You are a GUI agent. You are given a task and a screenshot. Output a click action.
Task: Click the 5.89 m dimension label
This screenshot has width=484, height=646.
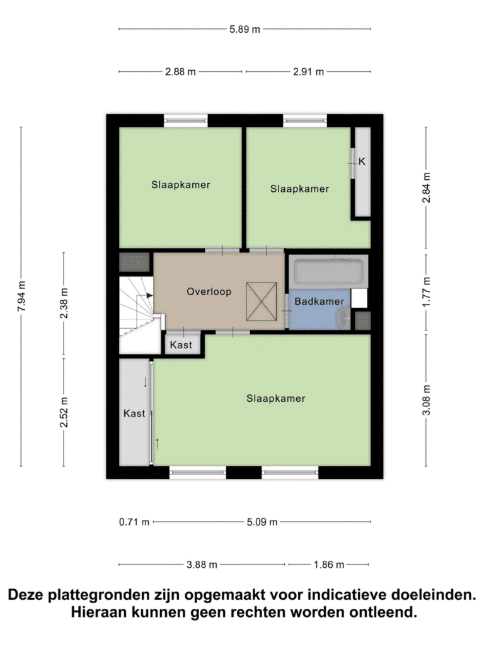[x=245, y=29]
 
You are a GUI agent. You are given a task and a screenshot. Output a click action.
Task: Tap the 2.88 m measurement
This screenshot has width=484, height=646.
[x=180, y=72]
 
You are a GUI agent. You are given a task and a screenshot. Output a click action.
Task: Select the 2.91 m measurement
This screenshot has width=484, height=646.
[x=308, y=72]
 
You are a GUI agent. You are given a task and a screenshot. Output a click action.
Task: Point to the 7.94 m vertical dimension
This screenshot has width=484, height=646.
[x=22, y=297]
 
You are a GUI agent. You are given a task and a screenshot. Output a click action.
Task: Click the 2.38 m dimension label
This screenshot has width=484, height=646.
[x=64, y=303]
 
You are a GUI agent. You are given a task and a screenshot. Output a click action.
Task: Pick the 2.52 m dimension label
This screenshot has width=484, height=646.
[x=64, y=412]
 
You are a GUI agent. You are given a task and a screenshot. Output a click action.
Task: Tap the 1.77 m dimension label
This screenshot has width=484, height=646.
[x=427, y=291]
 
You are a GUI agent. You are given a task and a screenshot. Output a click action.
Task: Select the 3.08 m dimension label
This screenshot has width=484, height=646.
[x=427, y=400]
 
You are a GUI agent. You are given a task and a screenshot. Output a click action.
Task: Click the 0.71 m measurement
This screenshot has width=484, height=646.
[x=134, y=522]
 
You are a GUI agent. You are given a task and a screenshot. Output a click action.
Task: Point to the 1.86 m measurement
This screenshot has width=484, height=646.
[x=329, y=565]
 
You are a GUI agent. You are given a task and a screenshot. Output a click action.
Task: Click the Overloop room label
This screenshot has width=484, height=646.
[x=209, y=291]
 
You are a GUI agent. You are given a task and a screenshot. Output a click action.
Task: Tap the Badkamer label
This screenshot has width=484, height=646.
[x=320, y=301]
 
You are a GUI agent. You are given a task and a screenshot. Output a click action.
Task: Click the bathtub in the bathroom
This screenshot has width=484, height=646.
[x=328, y=271]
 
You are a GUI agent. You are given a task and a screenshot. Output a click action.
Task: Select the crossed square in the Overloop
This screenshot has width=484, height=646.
[x=262, y=302]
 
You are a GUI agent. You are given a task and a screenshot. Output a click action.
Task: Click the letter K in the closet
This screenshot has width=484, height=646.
[x=362, y=161]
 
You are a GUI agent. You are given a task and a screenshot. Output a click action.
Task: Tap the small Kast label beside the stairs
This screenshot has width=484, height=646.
[x=181, y=344]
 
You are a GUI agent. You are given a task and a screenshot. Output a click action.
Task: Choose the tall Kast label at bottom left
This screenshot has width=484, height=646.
[x=134, y=413]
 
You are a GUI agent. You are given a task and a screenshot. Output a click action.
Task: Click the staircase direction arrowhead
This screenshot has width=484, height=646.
[x=150, y=295]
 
